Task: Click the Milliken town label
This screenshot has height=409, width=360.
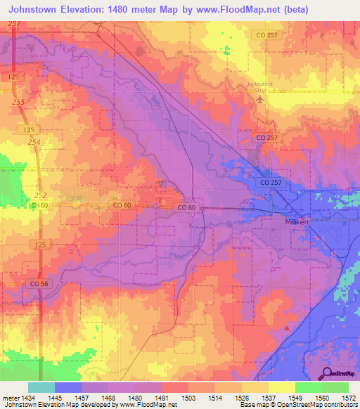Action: coord(286,220)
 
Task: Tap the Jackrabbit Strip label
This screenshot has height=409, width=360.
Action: coord(259,87)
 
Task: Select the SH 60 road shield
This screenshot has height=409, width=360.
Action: coord(41,204)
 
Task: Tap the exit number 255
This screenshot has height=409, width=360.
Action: coord(18,102)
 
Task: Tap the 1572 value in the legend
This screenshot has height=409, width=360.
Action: coord(349,397)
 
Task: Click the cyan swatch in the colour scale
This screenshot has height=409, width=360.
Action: coord(41,387)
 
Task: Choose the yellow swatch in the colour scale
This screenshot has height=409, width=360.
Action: coord(281,387)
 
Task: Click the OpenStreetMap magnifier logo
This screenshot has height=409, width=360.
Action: coord(328,372)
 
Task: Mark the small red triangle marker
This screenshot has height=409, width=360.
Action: coord(287,327)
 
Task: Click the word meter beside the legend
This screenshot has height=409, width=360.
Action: coord(10,397)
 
